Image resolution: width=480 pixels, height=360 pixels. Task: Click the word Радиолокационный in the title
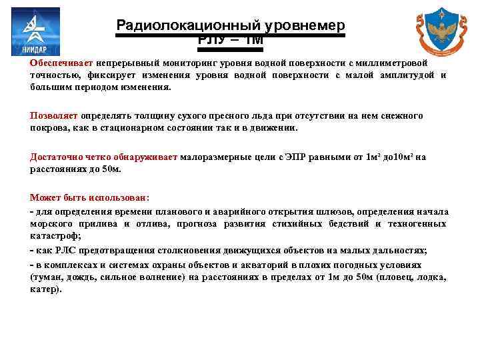point(187,25)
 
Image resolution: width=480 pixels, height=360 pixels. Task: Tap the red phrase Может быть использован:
point(90,199)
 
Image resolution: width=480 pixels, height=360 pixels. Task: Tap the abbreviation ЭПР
point(295,157)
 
